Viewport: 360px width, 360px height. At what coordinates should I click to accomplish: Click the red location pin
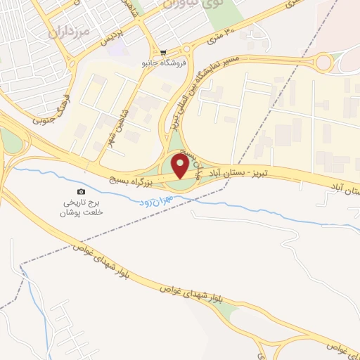point(180,167)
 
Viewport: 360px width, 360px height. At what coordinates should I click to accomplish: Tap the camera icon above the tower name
point(81,192)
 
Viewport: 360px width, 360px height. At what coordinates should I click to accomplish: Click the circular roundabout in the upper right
point(324,63)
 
